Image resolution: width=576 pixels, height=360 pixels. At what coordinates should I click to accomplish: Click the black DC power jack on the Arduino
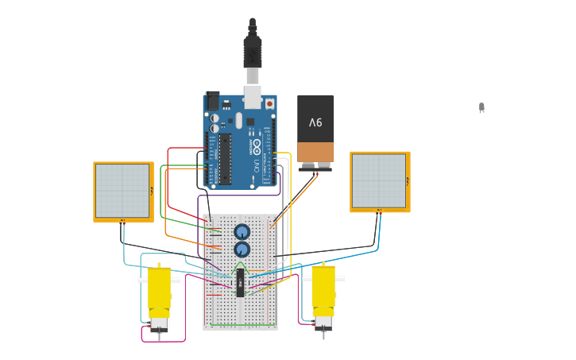coord(212,101)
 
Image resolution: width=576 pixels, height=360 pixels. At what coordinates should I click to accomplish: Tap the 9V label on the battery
coord(315,122)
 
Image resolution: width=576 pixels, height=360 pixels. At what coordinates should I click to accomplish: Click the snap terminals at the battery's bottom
coord(315,167)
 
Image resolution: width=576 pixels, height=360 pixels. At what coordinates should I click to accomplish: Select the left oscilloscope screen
coord(123,191)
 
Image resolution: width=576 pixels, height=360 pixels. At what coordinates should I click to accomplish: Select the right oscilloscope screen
coord(380,180)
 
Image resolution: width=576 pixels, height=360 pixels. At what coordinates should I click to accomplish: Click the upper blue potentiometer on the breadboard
coord(242,232)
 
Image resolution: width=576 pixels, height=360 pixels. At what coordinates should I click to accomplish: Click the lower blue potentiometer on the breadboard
coord(242,250)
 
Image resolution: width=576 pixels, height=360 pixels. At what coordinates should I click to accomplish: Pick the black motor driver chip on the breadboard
coord(240,282)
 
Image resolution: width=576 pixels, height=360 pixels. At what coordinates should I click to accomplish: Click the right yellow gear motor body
coord(323,290)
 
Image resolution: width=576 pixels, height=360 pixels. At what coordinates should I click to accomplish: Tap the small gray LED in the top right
coord(481,107)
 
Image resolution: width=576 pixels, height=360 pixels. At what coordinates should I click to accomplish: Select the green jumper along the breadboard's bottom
coord(243,324)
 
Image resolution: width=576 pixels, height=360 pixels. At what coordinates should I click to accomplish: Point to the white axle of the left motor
coord(143,280)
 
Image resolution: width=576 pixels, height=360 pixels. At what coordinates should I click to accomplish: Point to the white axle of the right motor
coord(339,279)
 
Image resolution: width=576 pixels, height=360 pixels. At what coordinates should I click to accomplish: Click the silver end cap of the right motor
coord(323,323)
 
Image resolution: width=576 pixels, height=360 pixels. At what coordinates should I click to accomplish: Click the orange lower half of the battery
coord(315,152)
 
